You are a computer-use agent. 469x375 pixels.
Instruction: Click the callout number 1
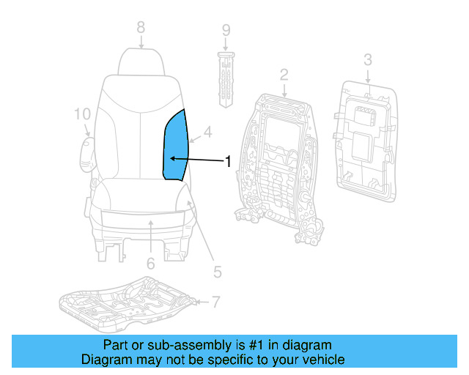point(228,161)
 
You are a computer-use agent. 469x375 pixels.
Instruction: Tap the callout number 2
point(284,74)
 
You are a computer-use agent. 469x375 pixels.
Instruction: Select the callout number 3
point(368,59)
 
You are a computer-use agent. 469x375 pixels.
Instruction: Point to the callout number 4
point(208,133)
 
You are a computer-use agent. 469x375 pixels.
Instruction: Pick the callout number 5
point(217,272)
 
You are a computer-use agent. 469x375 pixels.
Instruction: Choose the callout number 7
point(215,301)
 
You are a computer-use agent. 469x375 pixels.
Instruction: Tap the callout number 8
point(141,28)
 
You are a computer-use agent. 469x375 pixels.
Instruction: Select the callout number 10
point(82,114)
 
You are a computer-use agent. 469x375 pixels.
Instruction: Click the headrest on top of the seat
point(141,60)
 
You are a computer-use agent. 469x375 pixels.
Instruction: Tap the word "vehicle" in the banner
point(322,360)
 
